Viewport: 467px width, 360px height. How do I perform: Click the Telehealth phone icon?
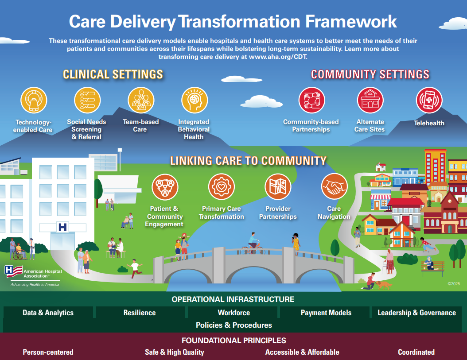click(x=429, y=100)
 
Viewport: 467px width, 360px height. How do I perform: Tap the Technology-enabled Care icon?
click(x=34, y=100)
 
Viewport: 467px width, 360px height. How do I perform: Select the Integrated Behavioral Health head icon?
click(x=194, y=100)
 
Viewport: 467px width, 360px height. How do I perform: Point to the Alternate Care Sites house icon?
click(x=370, y=100)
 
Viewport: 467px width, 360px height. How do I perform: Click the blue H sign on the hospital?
click(x=62, y=227)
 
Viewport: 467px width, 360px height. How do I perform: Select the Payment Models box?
click(x=326, y=313)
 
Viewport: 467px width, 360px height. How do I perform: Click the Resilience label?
click(x=140, y=313)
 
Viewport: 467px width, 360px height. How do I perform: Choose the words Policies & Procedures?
click(x=233, y=325)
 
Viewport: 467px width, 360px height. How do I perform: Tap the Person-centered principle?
click(x=48, y=352)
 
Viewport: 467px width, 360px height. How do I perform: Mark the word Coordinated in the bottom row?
click(x=416, y=352)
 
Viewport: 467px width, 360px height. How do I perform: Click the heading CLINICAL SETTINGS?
click(x=113, y=74)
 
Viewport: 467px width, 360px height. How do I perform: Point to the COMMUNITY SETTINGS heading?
click(x=370, y=74)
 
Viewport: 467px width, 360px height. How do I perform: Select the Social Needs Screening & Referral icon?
click(x=87, y=100)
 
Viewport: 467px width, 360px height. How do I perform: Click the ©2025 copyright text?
click(x=454, y=283)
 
